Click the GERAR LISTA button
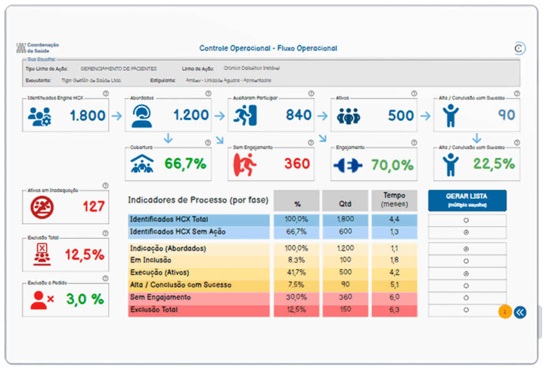[467, 200]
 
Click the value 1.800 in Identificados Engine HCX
[87, 115]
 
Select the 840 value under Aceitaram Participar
[298, 115]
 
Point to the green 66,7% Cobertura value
[185, 164]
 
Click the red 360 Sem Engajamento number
[297, 164]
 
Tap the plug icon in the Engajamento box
[347, 165]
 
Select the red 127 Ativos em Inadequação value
[93, 206]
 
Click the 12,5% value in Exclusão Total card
[84, 255]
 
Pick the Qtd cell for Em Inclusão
[344, 261]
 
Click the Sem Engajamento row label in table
[160, 298]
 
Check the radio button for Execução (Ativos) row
[467, 274]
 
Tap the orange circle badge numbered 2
[504, 312]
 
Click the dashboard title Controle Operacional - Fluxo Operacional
[268, 49]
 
